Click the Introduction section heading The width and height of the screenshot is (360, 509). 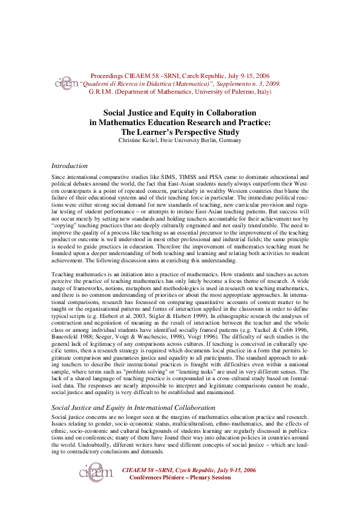tap(70, 166)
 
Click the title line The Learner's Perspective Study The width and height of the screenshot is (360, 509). tap(180, 131)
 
